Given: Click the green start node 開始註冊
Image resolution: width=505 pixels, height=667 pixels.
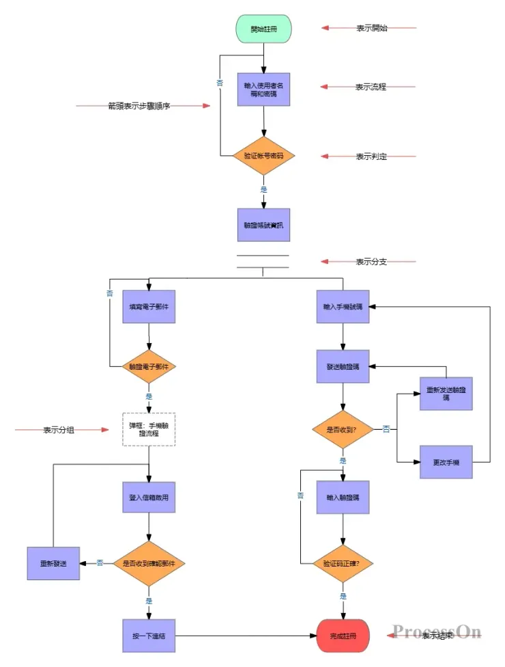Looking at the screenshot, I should click(x=263, y=29).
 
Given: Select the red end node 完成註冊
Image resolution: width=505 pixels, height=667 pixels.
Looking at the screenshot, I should click(x=343, y=636).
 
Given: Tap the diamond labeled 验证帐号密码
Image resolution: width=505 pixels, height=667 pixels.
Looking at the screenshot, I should click(x=263, y=156).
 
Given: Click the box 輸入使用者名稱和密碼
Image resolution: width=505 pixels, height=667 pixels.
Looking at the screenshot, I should click(x=263, y=90).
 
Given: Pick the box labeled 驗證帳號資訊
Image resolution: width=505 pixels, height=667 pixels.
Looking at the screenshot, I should click(x=263, y=224).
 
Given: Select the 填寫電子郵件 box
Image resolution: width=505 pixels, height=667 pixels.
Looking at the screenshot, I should click(x=149, y=308).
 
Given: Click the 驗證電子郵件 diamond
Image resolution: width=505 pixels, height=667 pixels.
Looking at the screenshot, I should click(x=149, y=366).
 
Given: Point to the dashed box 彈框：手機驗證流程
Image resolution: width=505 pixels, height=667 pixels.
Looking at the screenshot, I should click(x=149, y=429).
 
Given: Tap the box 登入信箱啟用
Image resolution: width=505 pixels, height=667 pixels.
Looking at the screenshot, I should click(x=149, y=497).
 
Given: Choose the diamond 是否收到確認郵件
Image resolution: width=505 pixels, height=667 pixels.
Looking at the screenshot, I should click(x=149, y=563).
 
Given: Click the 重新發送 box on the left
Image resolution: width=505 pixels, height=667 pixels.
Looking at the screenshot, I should click(x=53, y=563).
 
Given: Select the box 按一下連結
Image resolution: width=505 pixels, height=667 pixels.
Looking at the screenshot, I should click(x=149, y=636).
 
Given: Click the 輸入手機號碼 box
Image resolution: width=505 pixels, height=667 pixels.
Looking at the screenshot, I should click(x=343, y=308).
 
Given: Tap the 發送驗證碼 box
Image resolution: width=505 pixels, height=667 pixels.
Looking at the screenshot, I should click(x=343, y=366).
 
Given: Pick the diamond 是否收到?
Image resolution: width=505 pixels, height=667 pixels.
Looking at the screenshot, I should click(x=343, y=429).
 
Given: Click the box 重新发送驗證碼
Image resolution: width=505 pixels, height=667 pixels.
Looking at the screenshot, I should click(x=446, y=394).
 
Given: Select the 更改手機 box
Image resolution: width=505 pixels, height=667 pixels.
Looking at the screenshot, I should click(x=446, y=463).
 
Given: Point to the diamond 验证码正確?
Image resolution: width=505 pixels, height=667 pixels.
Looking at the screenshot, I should click(x=343, y=564).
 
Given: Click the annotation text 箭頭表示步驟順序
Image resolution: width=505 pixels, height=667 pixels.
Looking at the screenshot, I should click(x=139, y=106).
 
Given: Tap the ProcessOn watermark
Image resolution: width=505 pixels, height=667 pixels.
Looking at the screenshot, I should click(x=437, y=631).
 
